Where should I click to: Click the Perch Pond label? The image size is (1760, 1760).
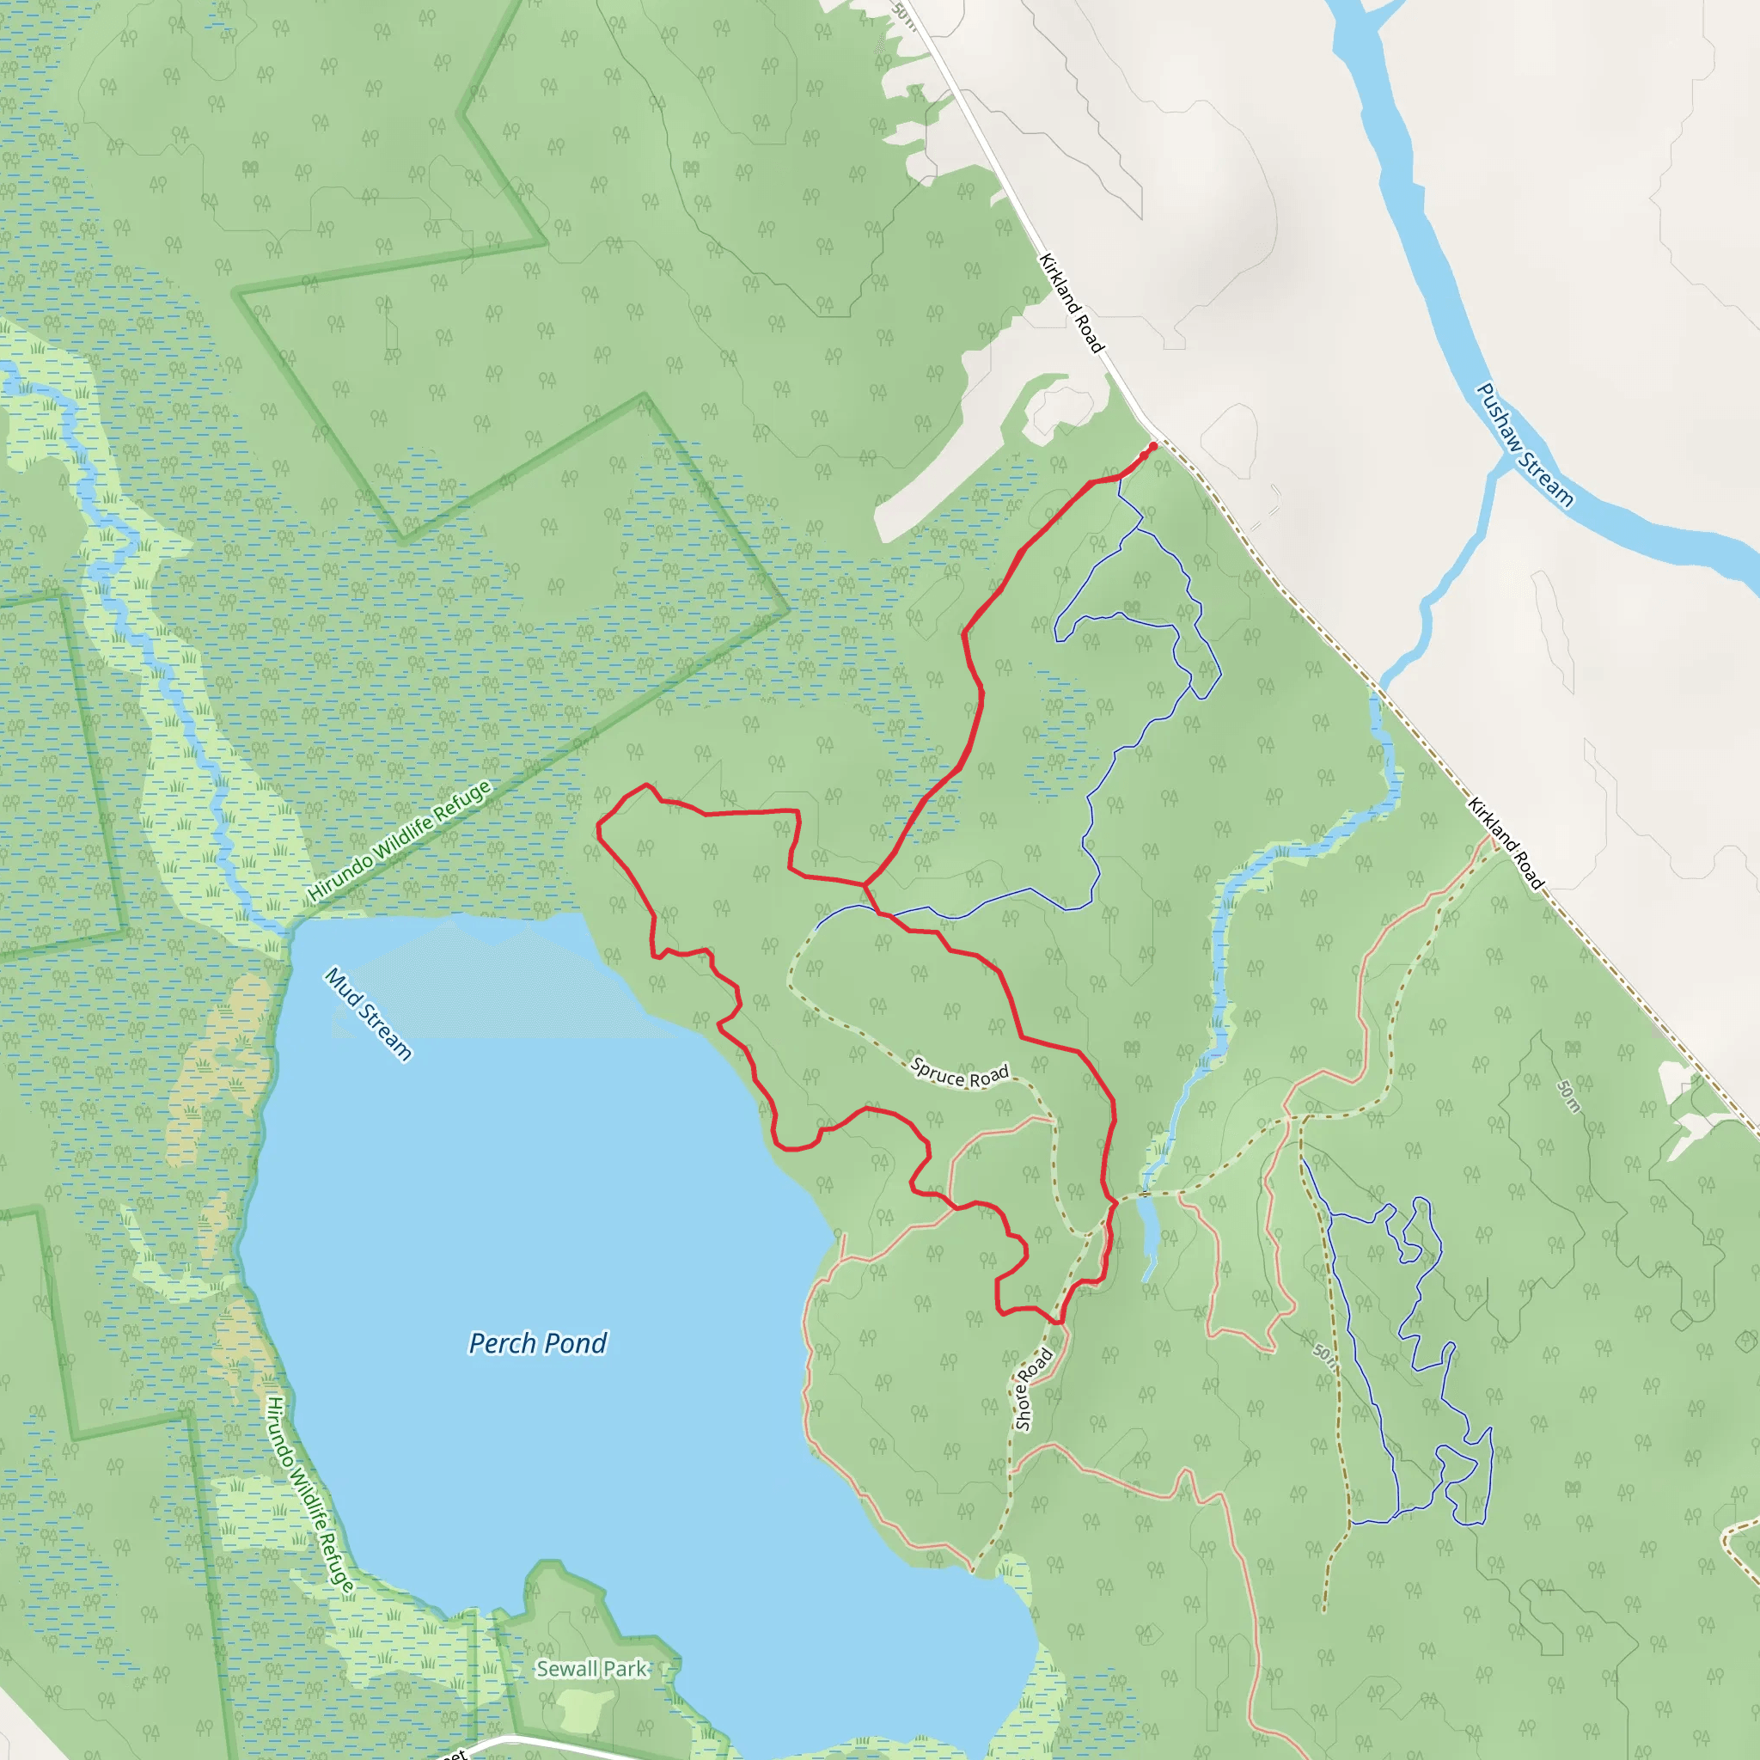(x=537, y=1344)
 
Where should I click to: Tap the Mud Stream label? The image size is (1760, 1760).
(x=369, y=1014)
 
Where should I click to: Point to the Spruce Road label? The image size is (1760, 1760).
(x=959, y=1075)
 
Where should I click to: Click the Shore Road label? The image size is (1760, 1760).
(x=1033, y=1390)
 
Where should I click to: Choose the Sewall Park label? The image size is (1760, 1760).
(x=592, y=1669)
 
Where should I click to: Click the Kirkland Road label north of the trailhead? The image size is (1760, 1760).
(x=1072, y=303)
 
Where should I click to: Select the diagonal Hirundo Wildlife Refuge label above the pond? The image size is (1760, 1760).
(x=400, y=840)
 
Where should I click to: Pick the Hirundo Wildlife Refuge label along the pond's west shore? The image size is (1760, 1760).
(x=309, y=1494)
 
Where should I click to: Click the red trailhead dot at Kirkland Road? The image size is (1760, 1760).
(x=1152, y=446)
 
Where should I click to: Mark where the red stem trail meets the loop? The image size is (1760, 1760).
(x=864, y=883)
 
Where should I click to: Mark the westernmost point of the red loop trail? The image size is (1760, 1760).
(x=597, y=828)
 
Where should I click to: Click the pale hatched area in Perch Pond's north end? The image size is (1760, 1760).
(x=492, y=984)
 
